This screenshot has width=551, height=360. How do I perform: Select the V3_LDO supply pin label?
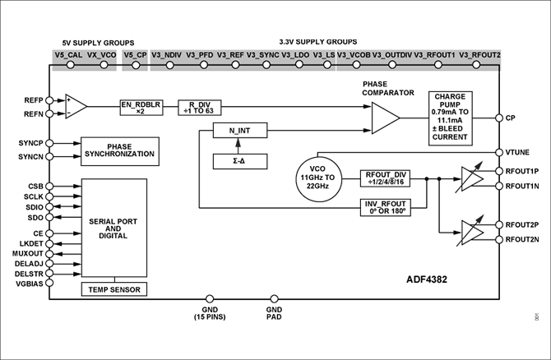295,54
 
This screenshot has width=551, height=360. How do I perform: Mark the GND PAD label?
274,315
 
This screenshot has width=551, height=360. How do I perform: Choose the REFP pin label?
31,99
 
